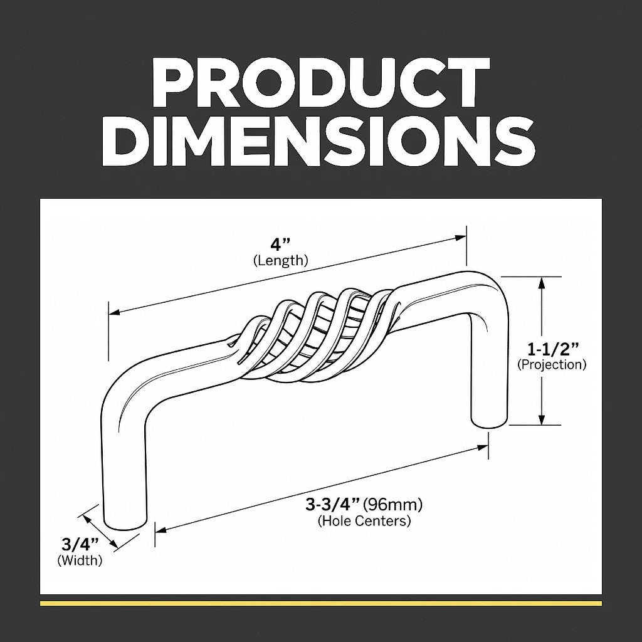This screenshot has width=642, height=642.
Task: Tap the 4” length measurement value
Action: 280,245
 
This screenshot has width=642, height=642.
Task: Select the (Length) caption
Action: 280,260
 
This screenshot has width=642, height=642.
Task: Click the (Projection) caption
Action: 552,364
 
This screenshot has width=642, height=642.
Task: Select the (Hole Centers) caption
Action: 364,521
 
